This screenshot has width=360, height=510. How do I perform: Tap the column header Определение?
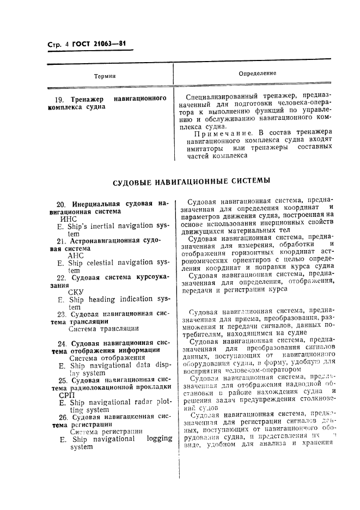tap(257, 73)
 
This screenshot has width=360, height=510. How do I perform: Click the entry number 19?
tap(60, 100)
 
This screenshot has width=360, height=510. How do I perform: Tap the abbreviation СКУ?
tap(76, 292)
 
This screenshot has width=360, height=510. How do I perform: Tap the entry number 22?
tap(62, 277)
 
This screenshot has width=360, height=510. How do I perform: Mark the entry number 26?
tap(62, 417)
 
